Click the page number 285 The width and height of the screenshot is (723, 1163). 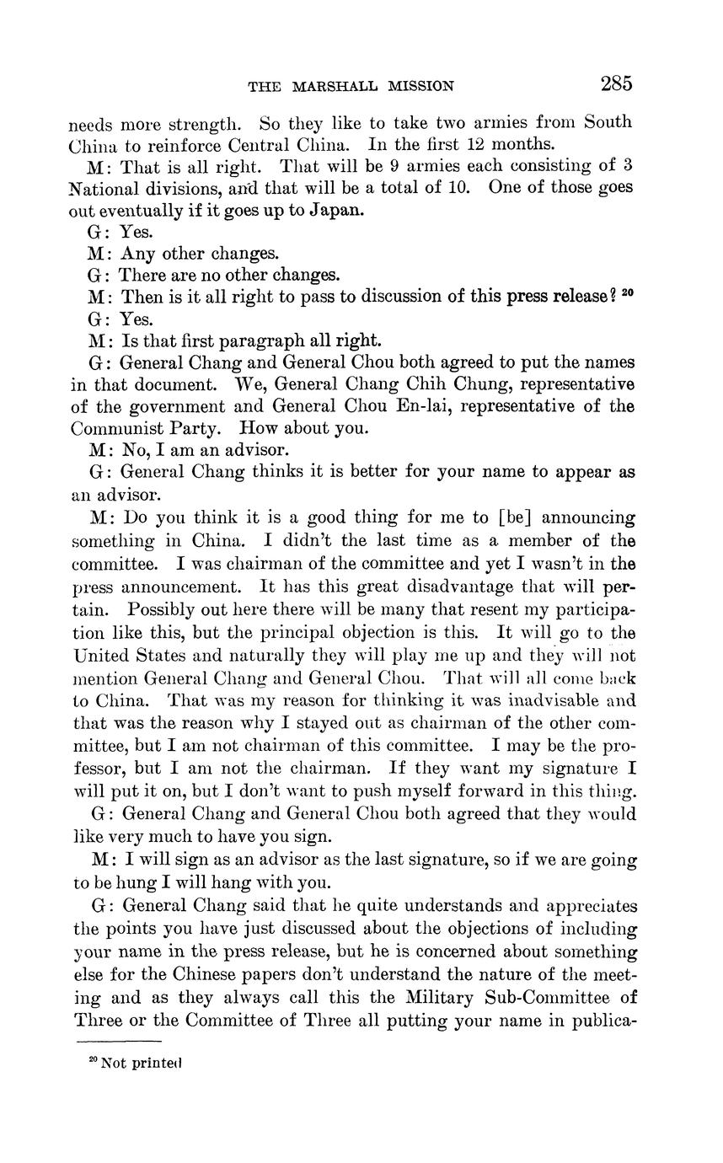pos(616,83)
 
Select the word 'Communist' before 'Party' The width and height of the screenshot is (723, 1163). pos(115,429)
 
